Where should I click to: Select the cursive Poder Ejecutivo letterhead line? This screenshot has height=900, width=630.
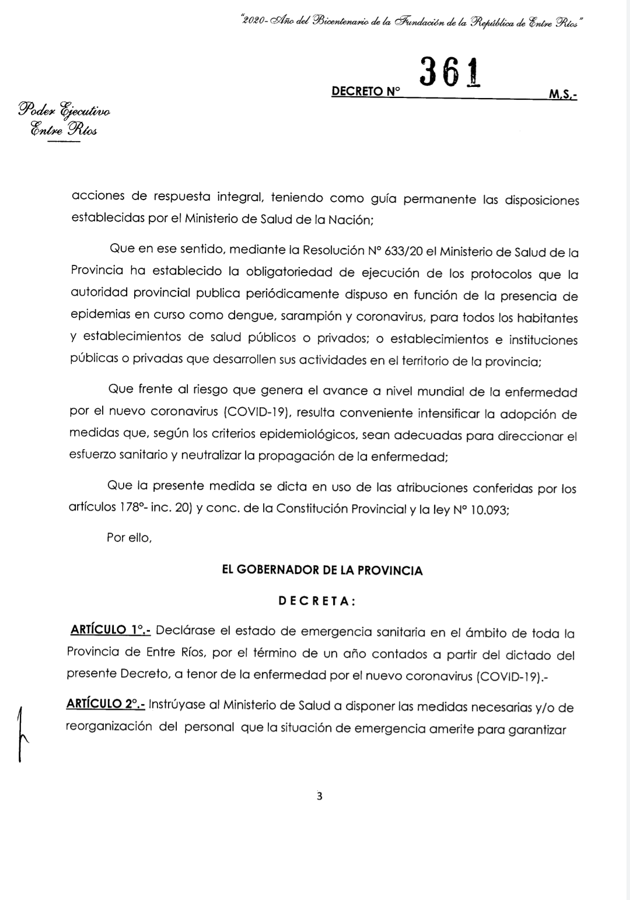point(65,110)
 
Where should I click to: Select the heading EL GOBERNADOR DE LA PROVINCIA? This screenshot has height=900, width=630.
point(322,570)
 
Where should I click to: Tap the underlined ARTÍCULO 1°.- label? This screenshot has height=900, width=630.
point(110,631)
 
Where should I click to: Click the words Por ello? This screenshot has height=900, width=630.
point(129,537)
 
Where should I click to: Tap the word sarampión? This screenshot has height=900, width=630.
point(313,318)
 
